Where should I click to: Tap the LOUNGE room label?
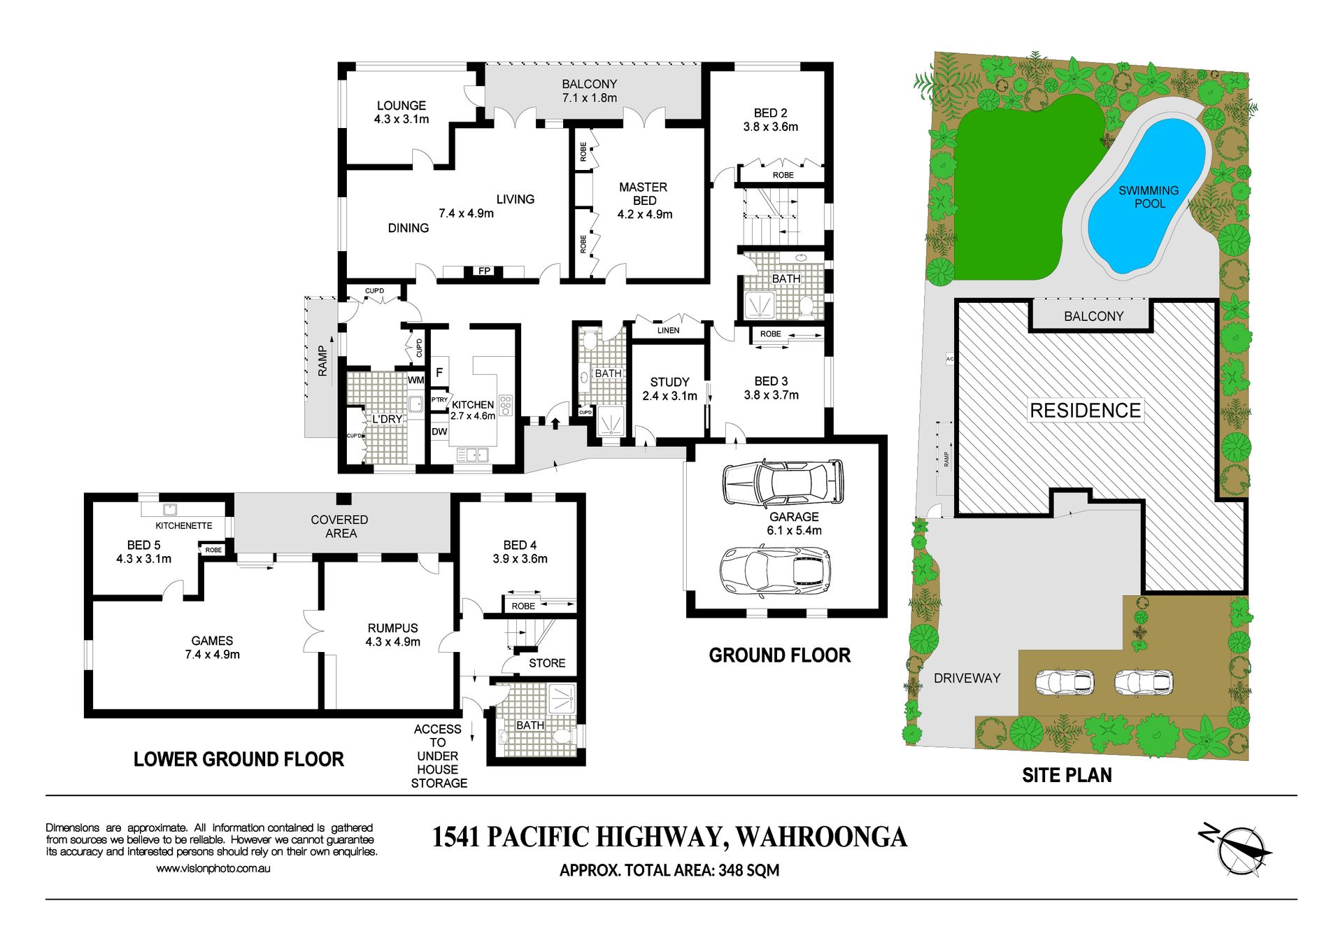tap(402, 106)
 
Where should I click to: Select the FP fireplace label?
tap(484, 271)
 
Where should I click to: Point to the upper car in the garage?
tap(783, 483)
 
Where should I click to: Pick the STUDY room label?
tap(670, 382)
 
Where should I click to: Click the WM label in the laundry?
tap(416, 381)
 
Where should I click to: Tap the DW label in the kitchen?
tap(439, 432)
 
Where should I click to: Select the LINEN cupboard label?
tap(668, 330)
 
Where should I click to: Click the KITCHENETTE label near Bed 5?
tap(184, 526)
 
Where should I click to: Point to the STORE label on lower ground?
tap(547, 663)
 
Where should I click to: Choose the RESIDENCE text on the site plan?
tap(1086, 411)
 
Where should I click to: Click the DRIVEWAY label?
tap(967, 678)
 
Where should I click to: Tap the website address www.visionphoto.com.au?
tap(213, 869)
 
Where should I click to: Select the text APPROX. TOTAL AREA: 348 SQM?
tap(669, 870)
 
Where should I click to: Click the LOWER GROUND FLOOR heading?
tap(239, 760)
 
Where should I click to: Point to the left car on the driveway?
tap(1065, 682)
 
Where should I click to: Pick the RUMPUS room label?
tap(393, 628)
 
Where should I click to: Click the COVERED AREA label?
tap(340, 527)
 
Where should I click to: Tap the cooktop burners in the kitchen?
tap(505, 406)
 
